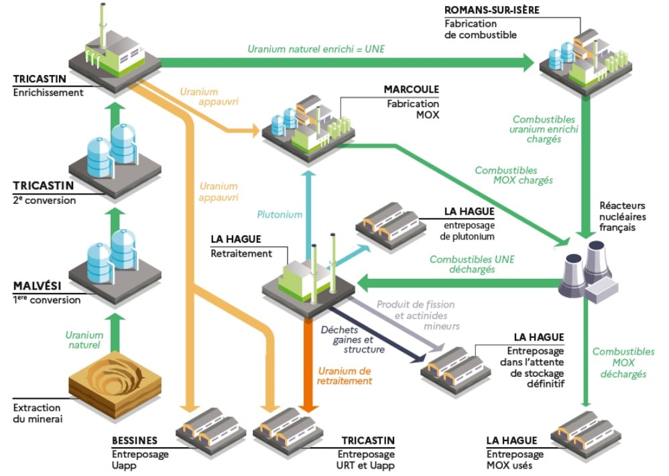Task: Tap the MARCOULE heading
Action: pos(411,90)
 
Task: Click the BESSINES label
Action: pos(135,440)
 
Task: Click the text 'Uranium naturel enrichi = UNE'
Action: pos(316,49)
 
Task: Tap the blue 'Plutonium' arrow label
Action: pos(280,215)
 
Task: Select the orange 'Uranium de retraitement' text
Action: pos(345,375)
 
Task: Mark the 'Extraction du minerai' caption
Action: pos(36,413)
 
